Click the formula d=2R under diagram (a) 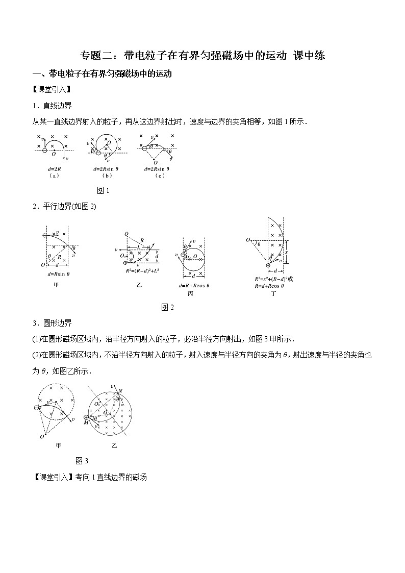[x=53, y=168]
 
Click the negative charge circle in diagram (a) [x=45, y=150]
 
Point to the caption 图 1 [x=103, y=190]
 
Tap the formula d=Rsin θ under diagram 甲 [x=57, y=274]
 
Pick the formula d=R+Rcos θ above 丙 [x=194, y=285]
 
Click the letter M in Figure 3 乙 [x=86, y=423]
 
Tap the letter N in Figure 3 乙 [x=120, y=391]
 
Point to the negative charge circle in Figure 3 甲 [x=37, y=407]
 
